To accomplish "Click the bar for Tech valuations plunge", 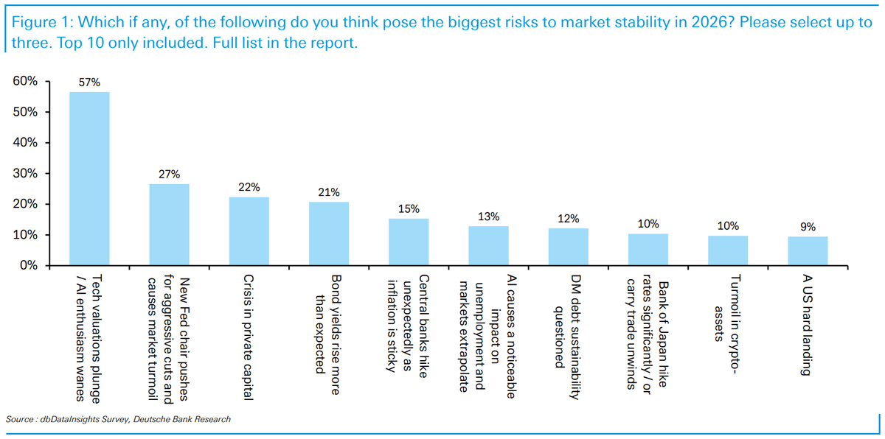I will (89, 178).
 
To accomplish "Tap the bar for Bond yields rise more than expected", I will (329, 233).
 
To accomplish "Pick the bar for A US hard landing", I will (808, 251).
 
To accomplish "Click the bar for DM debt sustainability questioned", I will (569, 247).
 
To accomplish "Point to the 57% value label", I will (89, 82).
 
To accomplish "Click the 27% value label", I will (169, 175).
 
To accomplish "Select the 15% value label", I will (409, 209).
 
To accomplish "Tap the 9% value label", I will (808, 227).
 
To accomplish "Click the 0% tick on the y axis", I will (29, 265).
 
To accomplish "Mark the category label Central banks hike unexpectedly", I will (409, 324).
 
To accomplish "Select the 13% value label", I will (488, 217).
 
